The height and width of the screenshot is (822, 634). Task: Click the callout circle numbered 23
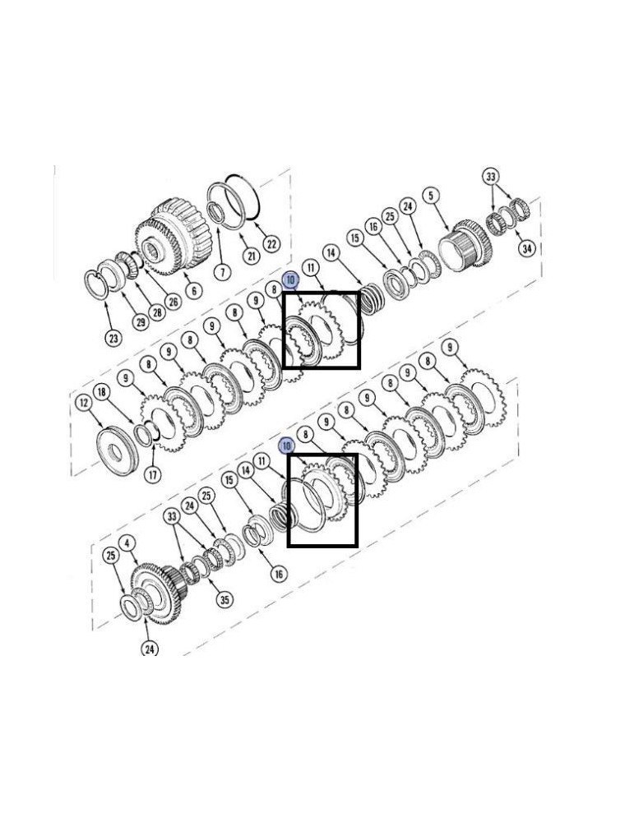[x=113, y=338]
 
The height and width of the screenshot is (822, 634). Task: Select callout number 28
[x=156, y=312]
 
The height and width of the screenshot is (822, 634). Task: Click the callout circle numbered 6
[x=194, y=290]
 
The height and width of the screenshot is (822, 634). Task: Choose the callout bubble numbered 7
[x=222, y=273]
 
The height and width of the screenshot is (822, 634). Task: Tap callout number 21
[x=252, y=256]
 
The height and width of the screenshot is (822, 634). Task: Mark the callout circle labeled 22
[x=271, y=243]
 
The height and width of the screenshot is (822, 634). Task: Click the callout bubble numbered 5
[x=431, y=196]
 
